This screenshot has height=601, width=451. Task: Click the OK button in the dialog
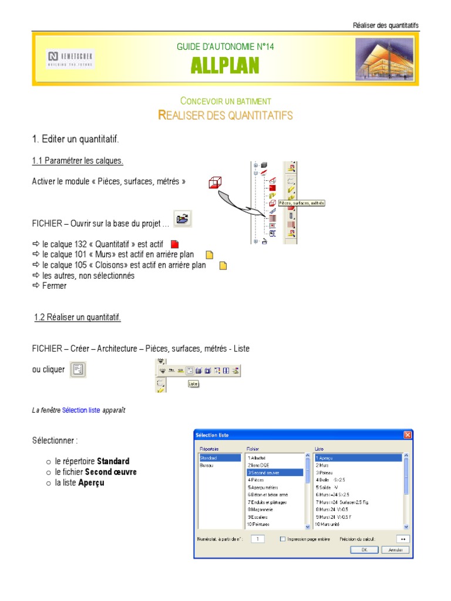(x=364, y=550)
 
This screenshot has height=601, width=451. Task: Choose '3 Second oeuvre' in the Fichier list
(x=274, y=472)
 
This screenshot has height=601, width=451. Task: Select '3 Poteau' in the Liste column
(x=325, y=472)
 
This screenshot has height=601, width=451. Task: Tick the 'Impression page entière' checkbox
(x=283, y=539)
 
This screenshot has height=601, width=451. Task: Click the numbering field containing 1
(x=258, y=539)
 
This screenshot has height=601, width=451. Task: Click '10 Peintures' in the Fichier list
(x=258, y=524)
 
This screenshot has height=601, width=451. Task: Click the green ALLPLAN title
(x=225, y=66)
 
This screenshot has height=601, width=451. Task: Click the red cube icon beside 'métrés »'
(x=215, y=183)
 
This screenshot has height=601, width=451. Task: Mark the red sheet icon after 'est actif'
(x=174, y=244)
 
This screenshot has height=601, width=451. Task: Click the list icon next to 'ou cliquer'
(x=78, y=370)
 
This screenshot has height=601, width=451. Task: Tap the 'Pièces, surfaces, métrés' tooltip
(x=301, y=203)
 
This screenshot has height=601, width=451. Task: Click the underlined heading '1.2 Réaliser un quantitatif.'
(x=78, y=318)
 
